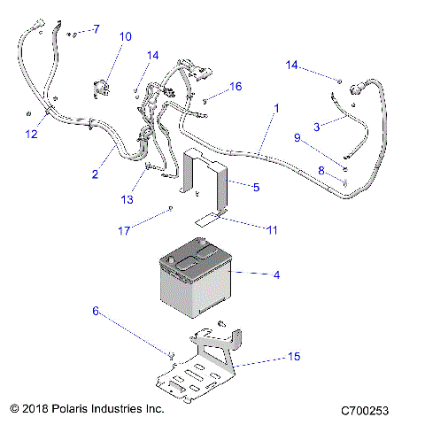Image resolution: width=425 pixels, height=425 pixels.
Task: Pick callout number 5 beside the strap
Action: (x=256, y=187)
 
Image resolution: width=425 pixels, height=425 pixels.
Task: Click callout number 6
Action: (x=96, y=311)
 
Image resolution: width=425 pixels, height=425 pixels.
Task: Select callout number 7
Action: (x=97, y=29)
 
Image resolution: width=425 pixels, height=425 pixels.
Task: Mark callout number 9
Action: (x=297, y=137)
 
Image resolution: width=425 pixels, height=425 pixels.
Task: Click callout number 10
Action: (x=125, y=37)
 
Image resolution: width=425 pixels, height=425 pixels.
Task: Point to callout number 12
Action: (x=31, y=135)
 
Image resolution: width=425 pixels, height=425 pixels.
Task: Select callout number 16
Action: (x=236, y=86)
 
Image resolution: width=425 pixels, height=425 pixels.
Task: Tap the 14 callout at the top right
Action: (x=294, y=65)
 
